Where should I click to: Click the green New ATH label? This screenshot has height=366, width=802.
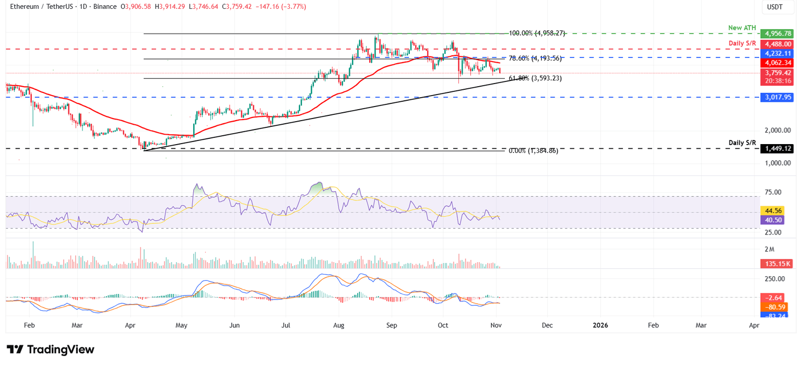(x=742, y=27)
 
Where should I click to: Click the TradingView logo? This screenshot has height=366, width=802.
(x=51, y=349)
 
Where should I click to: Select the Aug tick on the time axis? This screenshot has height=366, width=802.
(x=338, y=325)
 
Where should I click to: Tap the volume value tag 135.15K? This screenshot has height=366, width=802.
(x=777, y=265)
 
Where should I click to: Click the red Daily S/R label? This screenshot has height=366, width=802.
(x=742, y=42)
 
